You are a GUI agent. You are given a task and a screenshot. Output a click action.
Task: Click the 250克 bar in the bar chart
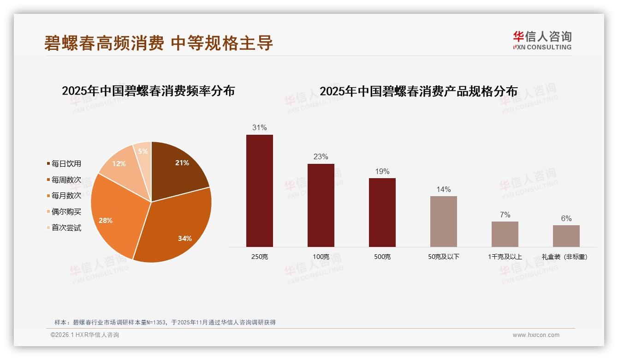[259, 191]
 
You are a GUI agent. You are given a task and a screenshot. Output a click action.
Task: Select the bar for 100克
[321, 205]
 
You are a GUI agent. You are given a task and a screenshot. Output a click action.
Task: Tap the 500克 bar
[382, 212]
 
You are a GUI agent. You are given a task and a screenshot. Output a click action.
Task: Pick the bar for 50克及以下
[443, 222]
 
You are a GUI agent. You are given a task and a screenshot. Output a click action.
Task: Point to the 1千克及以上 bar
[505, 234]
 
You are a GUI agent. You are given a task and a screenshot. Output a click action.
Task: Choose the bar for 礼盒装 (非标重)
[566, 236]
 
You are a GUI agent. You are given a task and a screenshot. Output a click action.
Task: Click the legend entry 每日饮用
[66, 163]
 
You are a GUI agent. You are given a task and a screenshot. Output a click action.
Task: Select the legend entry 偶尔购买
[66, 211]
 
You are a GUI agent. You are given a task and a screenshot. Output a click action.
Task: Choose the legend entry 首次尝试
[66, 228]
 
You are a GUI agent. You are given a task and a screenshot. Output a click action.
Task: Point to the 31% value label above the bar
[259, 127]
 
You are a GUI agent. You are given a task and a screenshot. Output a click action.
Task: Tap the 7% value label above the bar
[505, 215]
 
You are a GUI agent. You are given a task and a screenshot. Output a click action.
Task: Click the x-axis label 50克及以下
[443, 257]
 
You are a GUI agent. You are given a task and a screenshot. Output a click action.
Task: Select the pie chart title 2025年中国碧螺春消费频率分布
[148, 91]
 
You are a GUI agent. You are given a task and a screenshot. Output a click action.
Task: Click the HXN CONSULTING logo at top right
[542, 40]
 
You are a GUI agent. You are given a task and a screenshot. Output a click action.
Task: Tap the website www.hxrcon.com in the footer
[536, 335]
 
